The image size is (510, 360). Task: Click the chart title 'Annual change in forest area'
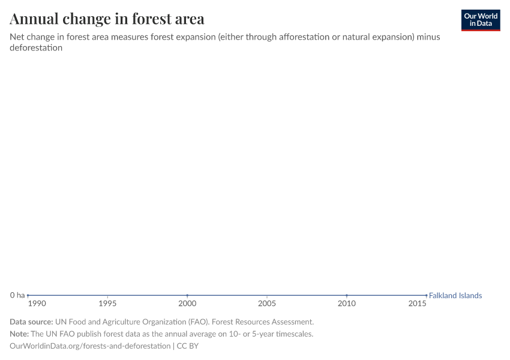click(x=107, y=19)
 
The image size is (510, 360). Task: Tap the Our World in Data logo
click(x=480, y=20)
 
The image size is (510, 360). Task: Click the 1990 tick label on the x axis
click(x=36, y=304)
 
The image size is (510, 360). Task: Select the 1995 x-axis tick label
click(x=107, y=304)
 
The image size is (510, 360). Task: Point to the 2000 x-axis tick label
click(x=187, y=304)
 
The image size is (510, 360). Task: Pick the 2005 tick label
click(x=267, y=304)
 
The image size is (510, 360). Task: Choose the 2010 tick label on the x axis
click(x=347, y=304)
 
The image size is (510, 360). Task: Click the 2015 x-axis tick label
click(x=418, y=304)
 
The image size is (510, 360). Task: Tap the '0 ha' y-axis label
click(x=17, y=295)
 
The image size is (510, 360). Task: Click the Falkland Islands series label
click(x=455, y=295)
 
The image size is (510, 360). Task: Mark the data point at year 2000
click(x=187, y=295)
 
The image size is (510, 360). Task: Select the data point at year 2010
click(x=347, y=295)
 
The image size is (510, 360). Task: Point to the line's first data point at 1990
click(x=28, y=295)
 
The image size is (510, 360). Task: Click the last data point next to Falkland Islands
click(x=426, y=295)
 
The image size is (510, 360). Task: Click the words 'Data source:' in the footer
click(x=31, y=322)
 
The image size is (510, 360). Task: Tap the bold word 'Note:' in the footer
click(x=19, y=334)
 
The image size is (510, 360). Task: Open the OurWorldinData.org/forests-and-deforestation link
click(x=90, y=346)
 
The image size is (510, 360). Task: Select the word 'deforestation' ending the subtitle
click(x=36, y=47)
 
